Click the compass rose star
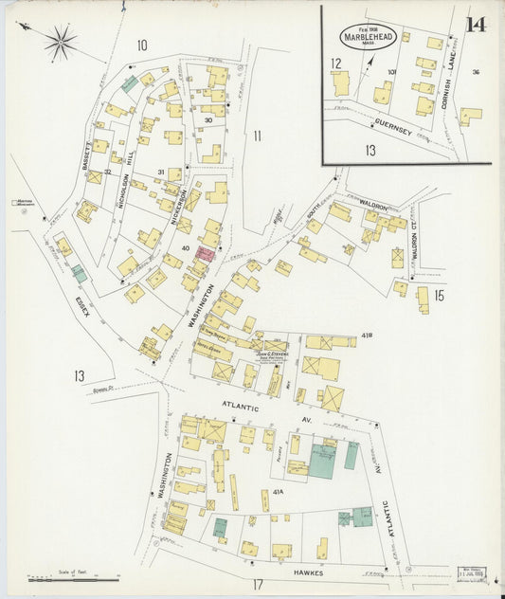pos(60,41)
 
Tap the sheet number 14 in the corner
pos(476,24)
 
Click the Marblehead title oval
pos(370,37)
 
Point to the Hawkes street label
pos(307,573)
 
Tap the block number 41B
pos(367,336)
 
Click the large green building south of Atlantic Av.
pos(321,462)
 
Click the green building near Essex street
pos(79,274)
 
